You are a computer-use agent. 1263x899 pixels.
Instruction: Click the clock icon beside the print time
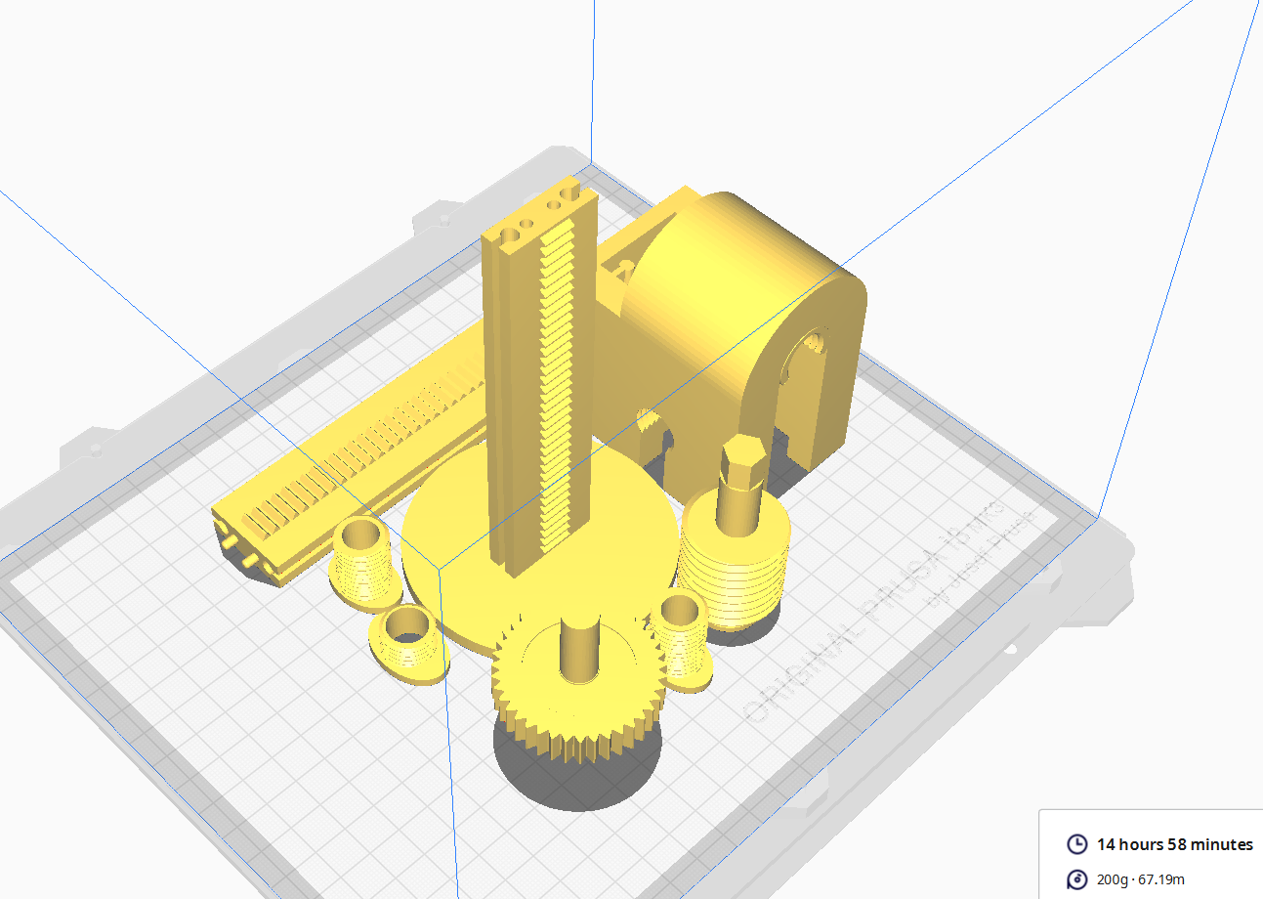point(1076,844)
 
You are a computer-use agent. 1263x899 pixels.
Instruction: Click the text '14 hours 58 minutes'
point(1174,844)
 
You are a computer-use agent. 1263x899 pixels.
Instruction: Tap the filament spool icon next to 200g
point(1076,879)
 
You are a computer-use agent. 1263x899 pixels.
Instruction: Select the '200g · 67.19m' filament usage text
point(1141,879)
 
